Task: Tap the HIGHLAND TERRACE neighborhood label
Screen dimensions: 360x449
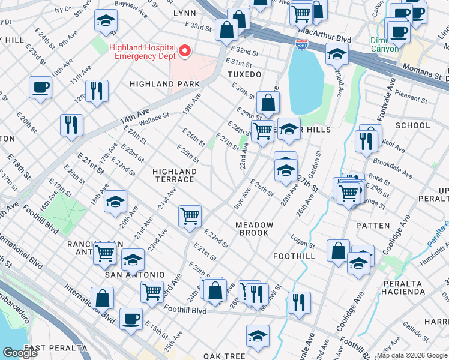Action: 175,175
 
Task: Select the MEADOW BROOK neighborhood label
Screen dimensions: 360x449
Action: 255,229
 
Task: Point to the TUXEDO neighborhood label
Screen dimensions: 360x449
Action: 244,74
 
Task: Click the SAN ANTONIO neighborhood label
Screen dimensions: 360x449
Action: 134,275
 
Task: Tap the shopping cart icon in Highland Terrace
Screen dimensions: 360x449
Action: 190,215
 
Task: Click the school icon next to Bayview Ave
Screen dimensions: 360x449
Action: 106,21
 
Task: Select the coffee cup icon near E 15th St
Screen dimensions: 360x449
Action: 131,319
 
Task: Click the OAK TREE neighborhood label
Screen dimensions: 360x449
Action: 223,356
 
